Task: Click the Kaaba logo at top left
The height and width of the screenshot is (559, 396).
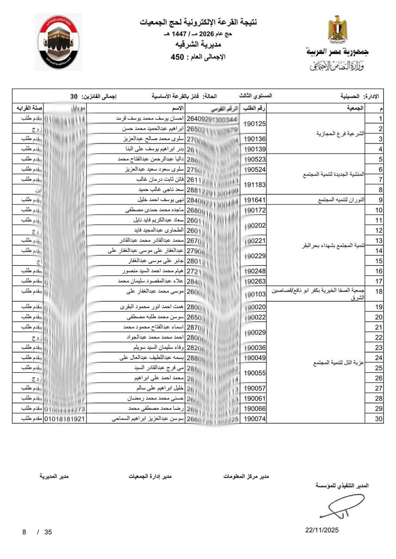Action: coord(58,42)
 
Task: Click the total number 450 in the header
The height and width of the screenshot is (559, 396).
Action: coord(177,57)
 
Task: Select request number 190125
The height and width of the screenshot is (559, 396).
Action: coord(255,124)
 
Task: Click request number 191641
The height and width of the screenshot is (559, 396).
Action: coord(255,200)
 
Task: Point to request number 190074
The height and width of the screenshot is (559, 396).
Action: coord(255,419)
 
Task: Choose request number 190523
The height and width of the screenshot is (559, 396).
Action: coord(255,159)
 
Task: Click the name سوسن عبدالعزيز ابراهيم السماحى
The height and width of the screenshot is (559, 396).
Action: coord(147,419)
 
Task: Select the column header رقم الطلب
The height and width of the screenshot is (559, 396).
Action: coord(255,108)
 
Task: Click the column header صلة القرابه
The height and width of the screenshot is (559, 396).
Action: coord(29,108)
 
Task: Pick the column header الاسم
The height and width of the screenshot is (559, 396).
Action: coord(178,108)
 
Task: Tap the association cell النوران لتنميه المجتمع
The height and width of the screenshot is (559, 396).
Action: coord(341,200)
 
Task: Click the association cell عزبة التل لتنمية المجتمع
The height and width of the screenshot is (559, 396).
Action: coord(339,363)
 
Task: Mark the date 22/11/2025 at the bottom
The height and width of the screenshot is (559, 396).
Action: coord(322,530)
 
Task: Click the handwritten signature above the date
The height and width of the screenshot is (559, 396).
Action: coord(340,507)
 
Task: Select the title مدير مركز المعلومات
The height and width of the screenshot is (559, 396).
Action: coord(246,476)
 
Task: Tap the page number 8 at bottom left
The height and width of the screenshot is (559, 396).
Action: coord(24,532)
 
